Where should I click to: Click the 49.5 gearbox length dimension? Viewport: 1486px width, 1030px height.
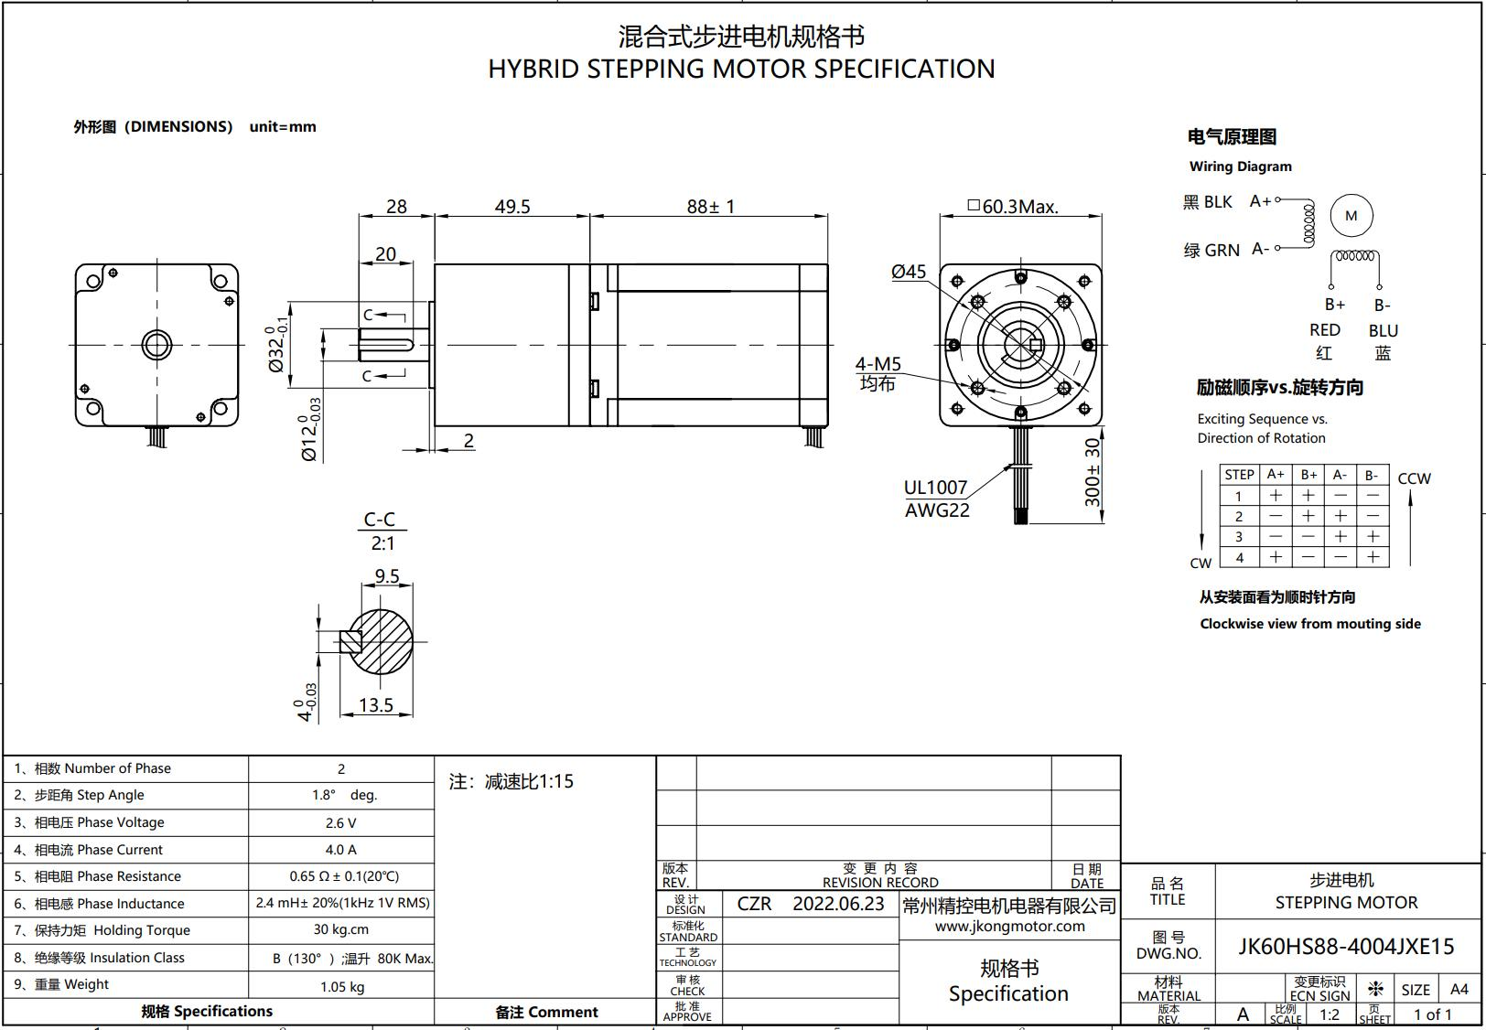pos(512,206)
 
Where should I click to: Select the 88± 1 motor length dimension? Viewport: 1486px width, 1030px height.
pos(710,206)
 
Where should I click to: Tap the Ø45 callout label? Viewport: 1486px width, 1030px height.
pos(909,272)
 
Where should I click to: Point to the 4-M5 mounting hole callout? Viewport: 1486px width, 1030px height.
pos(878,363)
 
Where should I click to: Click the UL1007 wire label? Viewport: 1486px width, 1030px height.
pos(935,488)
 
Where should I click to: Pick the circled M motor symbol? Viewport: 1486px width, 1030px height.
pos(1351,216)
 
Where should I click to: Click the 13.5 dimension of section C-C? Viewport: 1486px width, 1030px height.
pos(375,705)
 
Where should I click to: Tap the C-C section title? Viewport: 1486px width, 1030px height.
pos(380,519)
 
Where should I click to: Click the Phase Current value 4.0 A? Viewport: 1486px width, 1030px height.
pos(341,850)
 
